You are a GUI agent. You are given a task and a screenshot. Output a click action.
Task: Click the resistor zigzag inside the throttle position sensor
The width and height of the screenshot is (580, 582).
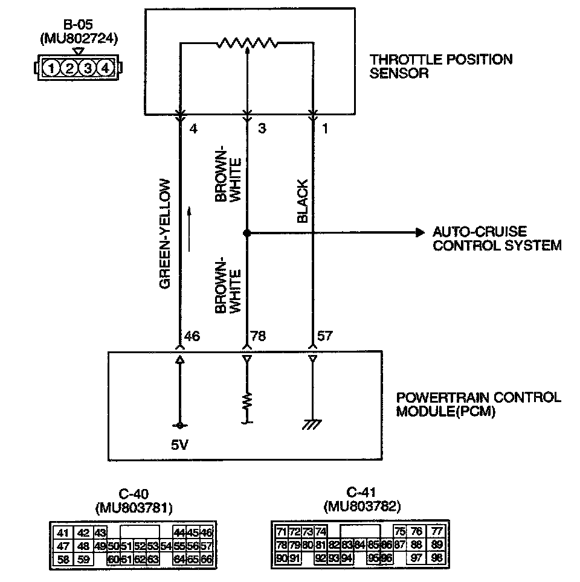(246, 43)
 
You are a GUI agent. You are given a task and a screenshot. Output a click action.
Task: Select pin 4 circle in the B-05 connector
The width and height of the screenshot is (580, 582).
(105, 68)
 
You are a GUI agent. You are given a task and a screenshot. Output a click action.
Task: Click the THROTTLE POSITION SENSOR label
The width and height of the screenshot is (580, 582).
(441, 66)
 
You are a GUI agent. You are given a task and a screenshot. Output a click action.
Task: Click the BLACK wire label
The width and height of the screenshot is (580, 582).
(303, 202)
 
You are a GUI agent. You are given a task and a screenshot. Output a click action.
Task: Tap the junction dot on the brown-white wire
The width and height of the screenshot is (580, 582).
(246, 233)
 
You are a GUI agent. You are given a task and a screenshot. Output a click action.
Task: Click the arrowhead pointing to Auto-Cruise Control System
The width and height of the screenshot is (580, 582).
(419, 233)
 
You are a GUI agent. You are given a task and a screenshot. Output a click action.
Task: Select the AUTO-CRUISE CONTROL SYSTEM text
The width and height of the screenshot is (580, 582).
(497, 239)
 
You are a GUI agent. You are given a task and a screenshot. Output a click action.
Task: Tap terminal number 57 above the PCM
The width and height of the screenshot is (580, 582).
(325, 336)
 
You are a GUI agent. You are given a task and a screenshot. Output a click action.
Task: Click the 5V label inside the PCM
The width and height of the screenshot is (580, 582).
(179, 445)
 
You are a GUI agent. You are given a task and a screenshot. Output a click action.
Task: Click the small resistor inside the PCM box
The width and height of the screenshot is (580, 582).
(246, 401)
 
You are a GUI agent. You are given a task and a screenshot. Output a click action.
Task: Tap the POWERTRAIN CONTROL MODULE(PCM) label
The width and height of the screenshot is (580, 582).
(478, 405)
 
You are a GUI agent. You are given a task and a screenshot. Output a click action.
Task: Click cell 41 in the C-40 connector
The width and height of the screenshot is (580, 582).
(62, 532)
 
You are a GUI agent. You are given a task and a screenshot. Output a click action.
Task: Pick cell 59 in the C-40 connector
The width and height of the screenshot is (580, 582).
(83, 559)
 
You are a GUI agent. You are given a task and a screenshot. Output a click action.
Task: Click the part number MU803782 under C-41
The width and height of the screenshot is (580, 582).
(362, 505)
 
